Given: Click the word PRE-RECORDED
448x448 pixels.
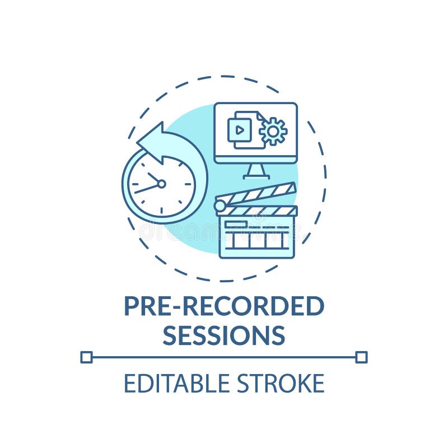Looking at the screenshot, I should (223, 306).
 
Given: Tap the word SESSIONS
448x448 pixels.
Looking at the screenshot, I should (223, 334).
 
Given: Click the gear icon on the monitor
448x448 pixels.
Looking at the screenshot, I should (273, 131).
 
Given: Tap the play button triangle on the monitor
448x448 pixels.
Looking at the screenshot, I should (239, 130).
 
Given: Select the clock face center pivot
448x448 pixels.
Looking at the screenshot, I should (161, 184).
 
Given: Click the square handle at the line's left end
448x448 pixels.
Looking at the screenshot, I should (86, 357).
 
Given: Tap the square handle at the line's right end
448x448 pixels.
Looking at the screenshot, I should (361, 357).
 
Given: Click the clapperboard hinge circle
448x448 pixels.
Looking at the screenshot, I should (221, 206).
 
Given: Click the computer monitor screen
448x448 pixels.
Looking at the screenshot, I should (255, 132).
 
